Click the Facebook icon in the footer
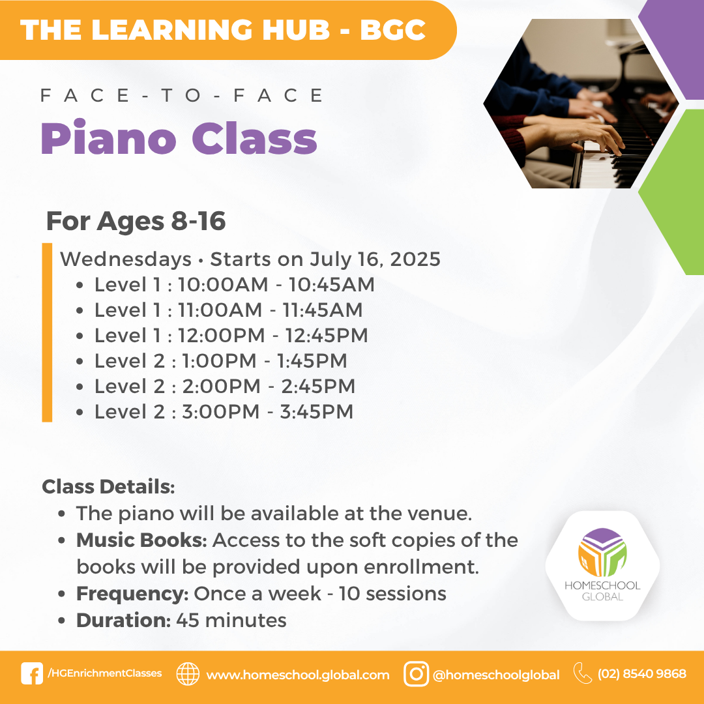coord(32,673)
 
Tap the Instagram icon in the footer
coord(416,674)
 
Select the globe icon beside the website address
coord(188,674)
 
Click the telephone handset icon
coord(583,673)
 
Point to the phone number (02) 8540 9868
coord(641,674)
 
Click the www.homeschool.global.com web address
coord(298,675)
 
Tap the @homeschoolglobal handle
coord(496,675)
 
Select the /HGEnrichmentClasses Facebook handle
coord(104,673)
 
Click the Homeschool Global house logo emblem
coord(602,552)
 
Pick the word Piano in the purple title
coord(108,138)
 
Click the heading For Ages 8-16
coord(136,221)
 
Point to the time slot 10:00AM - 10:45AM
coord(276,285)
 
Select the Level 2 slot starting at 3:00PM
coord(224,412)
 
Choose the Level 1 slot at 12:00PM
coord(231,336)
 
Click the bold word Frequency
coord(132,594)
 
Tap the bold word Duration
coord(123,621)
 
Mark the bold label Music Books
coord(141,540)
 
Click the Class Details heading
coord(108,487)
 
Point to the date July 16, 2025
coord(375,259)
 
